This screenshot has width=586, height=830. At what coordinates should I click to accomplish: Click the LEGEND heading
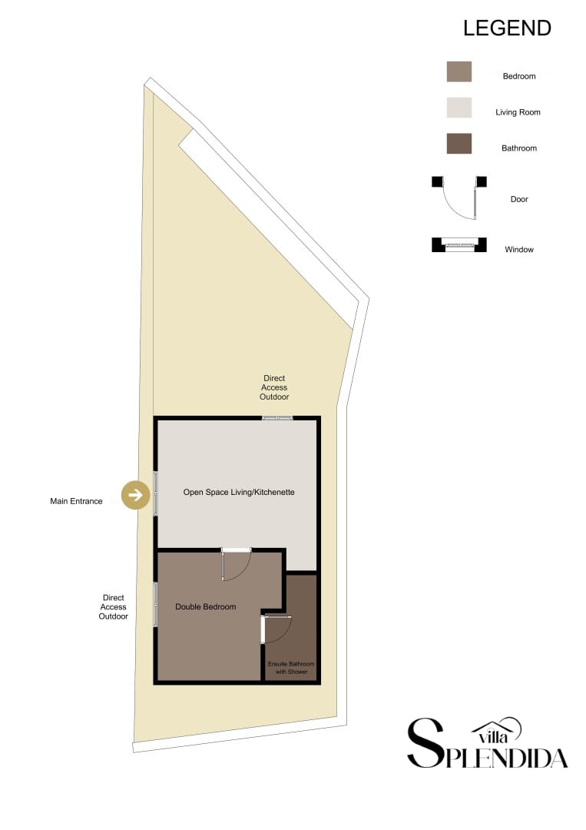[507, 28]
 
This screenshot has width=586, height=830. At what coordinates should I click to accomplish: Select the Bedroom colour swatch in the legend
[459, 71]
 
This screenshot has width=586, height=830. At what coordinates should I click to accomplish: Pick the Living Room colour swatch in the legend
[459, 108]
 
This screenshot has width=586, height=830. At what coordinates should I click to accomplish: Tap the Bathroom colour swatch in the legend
[459, 144]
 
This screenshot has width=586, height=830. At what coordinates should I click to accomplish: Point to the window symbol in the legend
[459, 246]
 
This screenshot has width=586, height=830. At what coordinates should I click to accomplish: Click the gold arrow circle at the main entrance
[136, 496]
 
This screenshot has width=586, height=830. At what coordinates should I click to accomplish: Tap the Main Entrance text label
[76, 502]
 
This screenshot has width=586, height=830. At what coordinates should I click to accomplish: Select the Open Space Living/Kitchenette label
[239, 492]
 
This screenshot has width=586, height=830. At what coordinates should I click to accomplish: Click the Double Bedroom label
[205, 607]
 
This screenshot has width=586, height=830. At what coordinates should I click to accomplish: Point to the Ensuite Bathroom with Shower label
[291, 668]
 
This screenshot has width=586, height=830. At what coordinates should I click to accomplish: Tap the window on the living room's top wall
[277, 418]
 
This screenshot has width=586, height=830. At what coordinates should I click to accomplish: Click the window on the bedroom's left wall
[156, 604]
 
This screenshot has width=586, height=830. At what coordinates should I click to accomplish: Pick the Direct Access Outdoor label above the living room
[274, 387]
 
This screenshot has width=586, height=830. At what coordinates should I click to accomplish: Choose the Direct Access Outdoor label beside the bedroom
[113, 607]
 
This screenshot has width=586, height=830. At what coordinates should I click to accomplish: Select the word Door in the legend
[519, 199]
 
